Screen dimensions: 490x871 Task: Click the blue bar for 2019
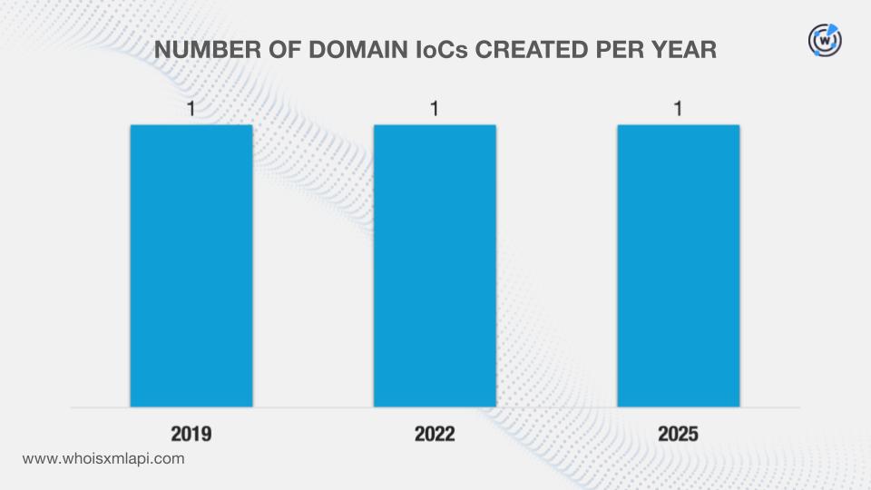point(191,265)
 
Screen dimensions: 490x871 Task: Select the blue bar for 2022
point(435,265)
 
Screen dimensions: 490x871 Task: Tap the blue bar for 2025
point(678,265)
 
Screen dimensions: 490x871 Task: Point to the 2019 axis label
point(191,434)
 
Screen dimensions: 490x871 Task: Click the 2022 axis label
point(435,434)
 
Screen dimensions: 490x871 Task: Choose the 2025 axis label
point(678,434)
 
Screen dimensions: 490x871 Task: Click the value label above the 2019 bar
point(191,110)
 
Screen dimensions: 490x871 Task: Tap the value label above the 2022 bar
point(435,110)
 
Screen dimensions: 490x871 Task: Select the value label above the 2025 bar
point(678,110)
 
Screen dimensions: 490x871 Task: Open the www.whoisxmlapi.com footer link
point(103,459)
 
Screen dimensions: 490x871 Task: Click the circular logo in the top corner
point(825,41)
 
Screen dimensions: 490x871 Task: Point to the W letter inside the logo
point(825,41)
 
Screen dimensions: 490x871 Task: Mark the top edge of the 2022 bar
point(435,125)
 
